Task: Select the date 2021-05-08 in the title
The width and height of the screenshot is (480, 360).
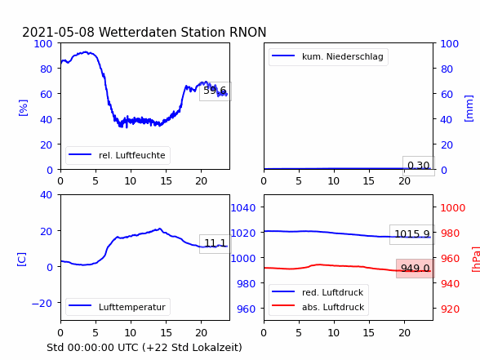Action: click(58, 33)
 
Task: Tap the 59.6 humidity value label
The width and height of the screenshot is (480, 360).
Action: click(215, 91)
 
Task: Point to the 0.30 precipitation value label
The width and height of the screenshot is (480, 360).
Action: click(419, 166)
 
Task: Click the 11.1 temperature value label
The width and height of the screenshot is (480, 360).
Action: click(215, 243)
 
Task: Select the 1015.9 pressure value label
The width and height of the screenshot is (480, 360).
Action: click(412, 234)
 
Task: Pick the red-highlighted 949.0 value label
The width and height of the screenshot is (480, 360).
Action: click(416, 269)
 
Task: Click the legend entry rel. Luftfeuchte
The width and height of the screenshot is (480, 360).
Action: click(132, 155)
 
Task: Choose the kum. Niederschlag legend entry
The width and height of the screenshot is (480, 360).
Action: click(343, 56)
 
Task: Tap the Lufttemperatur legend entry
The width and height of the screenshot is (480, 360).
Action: click(132, 307)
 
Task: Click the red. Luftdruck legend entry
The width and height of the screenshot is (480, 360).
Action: click(333, 292)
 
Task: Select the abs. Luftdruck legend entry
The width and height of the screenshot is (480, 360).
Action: click(333, 307)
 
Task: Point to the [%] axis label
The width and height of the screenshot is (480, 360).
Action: click(23, 108)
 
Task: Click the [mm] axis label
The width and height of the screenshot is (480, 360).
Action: click(469, 109)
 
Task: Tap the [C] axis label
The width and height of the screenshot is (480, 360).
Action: click(21, 260)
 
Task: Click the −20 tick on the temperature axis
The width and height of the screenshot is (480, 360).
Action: click(42, 303)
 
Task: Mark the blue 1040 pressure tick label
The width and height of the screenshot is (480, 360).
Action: click(243, 208)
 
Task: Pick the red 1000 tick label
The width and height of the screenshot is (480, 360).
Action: click(453, 208)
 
